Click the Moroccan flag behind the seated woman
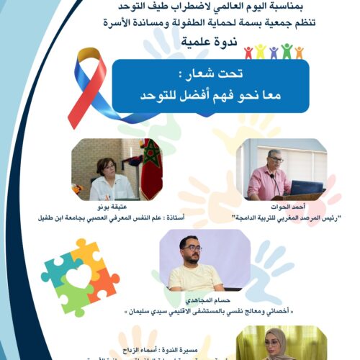click(150, 168)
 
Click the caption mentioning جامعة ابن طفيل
click(93, 216)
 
